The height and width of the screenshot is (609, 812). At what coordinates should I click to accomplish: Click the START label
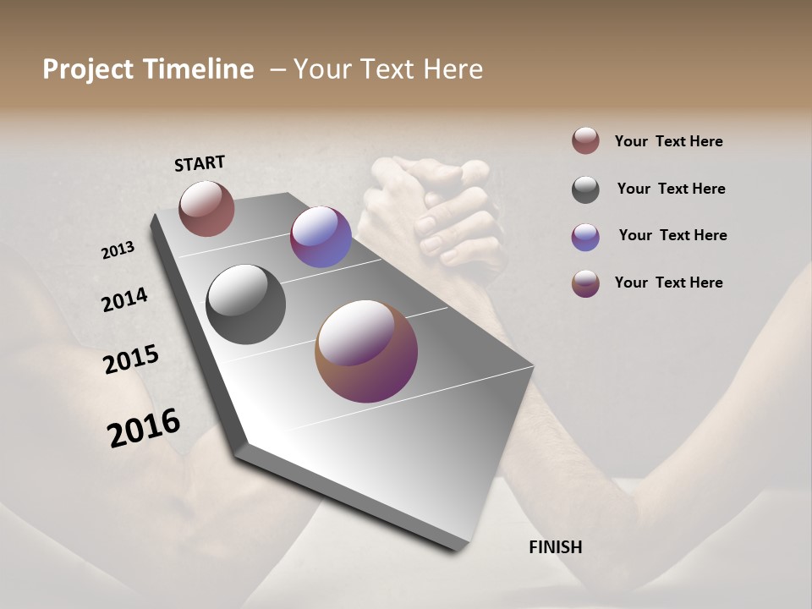tap(200, 163)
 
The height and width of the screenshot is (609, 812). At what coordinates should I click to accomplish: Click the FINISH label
tap(555, 547)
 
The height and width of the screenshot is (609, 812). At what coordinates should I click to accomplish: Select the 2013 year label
tap(118, 250)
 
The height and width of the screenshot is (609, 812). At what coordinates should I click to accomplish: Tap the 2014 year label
tap(124, 300)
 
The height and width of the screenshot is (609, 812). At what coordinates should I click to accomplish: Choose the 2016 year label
tap(144, 428)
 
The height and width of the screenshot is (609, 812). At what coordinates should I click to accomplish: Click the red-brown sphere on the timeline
tap(206, 208)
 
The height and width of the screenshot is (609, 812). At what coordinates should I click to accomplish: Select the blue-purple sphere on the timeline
tap(321, 237)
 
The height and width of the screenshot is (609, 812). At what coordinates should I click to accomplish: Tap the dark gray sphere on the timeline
tap(245, 304)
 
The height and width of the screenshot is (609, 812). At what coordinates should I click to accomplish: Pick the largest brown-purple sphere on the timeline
tap(366, 351)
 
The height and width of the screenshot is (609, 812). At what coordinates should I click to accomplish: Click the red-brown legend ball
tap(585, 140)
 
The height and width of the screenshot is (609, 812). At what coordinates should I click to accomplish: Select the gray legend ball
tap(585, 189)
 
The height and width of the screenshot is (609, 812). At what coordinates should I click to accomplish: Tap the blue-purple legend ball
tap(585, 237)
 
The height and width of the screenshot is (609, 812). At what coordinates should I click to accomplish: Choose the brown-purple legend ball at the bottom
tap(585, 283)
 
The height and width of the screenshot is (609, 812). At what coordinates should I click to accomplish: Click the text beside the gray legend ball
tap(671, 189)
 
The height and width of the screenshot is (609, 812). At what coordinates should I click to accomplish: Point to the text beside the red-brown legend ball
tap(668, 141)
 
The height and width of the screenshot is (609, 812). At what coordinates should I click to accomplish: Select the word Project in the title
tap(88, 69)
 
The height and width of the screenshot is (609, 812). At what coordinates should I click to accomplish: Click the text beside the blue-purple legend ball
tap(672, 235)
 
